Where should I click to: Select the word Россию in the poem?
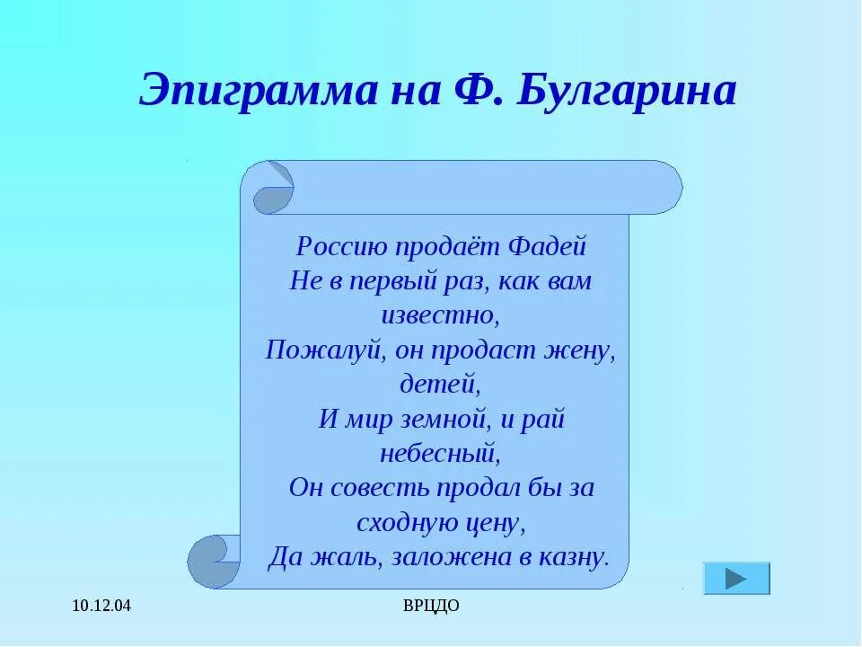[x=330, y=246]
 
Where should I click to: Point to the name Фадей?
[x=547, y=246]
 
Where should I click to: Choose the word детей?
[x=440, y=384]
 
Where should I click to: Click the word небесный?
[x=440, y=452]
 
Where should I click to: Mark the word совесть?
[x=383, y=487]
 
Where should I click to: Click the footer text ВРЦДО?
[x=431, y=607]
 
